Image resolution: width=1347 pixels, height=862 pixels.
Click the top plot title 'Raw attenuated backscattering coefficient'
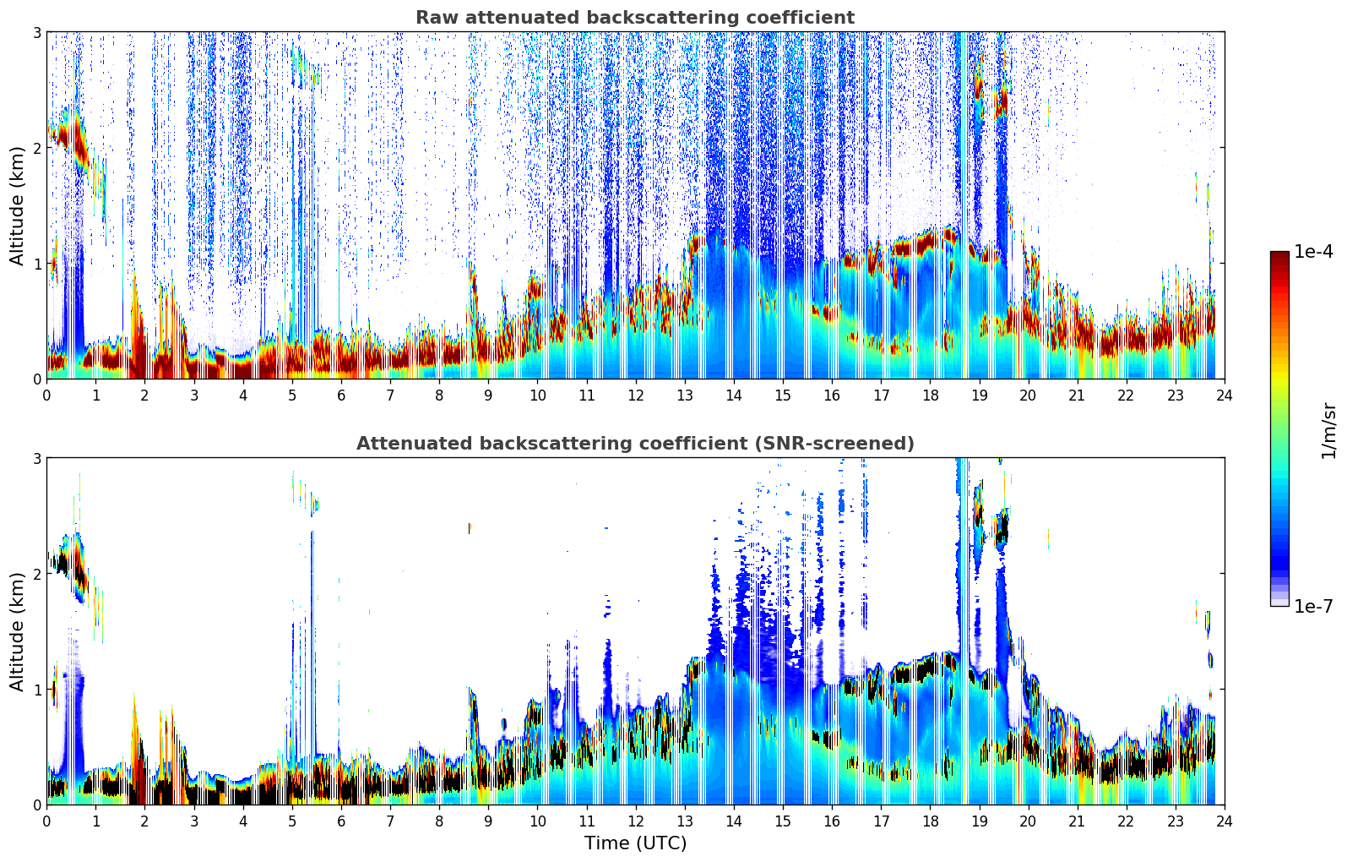point(634,18)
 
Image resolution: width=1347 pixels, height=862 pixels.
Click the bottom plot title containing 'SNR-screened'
point(634,444)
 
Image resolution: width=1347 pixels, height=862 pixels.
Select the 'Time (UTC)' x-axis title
point(635,843)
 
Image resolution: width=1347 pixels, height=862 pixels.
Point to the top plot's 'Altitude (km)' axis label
point(18,205)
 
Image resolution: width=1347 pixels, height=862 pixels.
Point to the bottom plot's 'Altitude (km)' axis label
point(18,631)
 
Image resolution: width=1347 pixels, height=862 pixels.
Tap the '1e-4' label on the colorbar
point(1313,252)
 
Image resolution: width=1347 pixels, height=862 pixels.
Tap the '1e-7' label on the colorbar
point(1313,606)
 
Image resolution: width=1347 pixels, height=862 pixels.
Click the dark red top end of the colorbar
point(1279,255)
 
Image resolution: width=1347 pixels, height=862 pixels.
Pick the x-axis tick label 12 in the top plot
point(635,396)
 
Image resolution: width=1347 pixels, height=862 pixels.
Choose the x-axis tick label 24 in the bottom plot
point(1224,821)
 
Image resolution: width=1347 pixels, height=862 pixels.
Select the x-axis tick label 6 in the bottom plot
point(341,821)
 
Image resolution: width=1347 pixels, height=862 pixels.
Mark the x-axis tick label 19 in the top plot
point(979,396)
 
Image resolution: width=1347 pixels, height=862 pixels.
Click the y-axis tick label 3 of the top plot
point(37,32)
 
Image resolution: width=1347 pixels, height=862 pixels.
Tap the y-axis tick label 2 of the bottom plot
point(37,574)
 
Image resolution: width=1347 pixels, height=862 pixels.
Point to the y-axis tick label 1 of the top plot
point(37,264)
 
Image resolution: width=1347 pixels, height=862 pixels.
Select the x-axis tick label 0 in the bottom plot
point(46,821)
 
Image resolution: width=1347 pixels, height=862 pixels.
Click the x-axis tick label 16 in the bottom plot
point(832,821)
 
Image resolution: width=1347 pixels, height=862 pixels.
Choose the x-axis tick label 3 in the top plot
point(194,396)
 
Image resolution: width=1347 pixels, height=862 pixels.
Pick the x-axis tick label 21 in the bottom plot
point(1077,821)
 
